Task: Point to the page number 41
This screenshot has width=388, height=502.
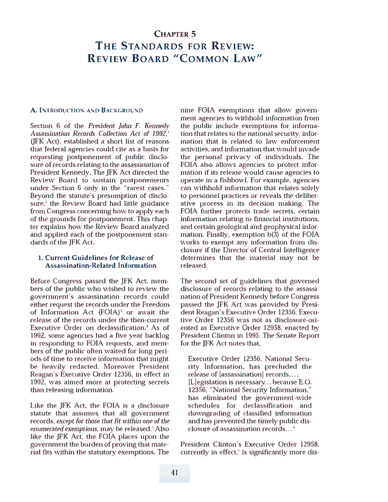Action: tap(174, 473)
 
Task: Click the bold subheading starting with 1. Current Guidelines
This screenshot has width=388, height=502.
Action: tap(95, 262)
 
